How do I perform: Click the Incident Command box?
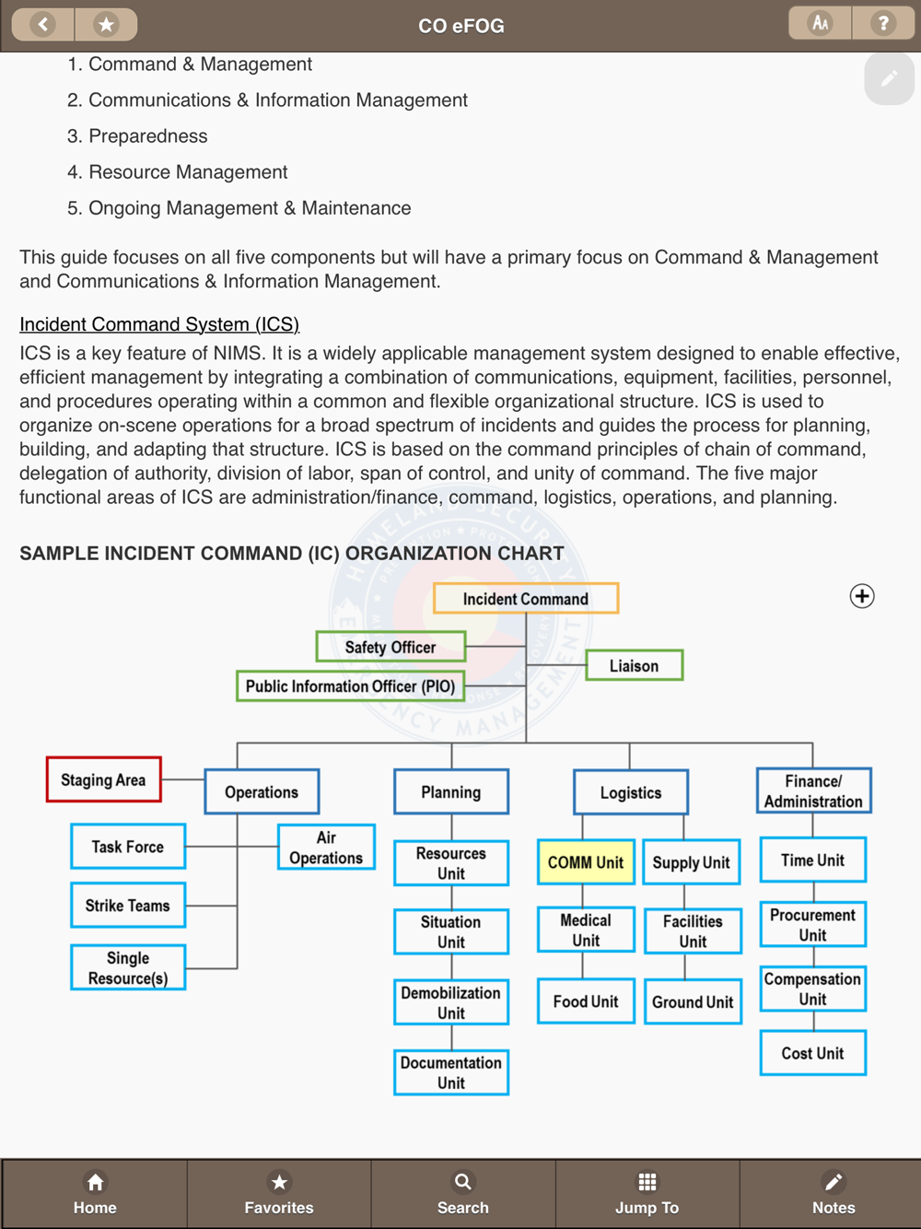[526, 599]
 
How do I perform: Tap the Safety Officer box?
[391, 647]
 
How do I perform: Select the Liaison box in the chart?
[635, 665]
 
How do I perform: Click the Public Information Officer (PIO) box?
[350, 686]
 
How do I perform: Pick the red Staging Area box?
[104, 779]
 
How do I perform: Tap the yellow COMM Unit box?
[586, 862]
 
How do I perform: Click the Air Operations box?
[326, 848]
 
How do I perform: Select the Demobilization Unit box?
[451, 1002]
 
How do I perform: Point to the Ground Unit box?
[693, 1001]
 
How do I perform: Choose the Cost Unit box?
[812, 1053]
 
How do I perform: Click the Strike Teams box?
[128, 906]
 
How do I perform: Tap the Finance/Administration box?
[813, 791]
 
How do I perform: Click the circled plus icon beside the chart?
[862, 596]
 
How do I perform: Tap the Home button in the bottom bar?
[95, 1192]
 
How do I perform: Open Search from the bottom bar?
[462, 1192]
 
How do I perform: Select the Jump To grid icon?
[647, 1182]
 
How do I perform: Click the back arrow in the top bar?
[43, 24]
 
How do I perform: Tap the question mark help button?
[883, 23]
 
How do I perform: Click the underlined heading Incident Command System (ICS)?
[159, 324]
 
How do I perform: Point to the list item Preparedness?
[147, 136]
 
